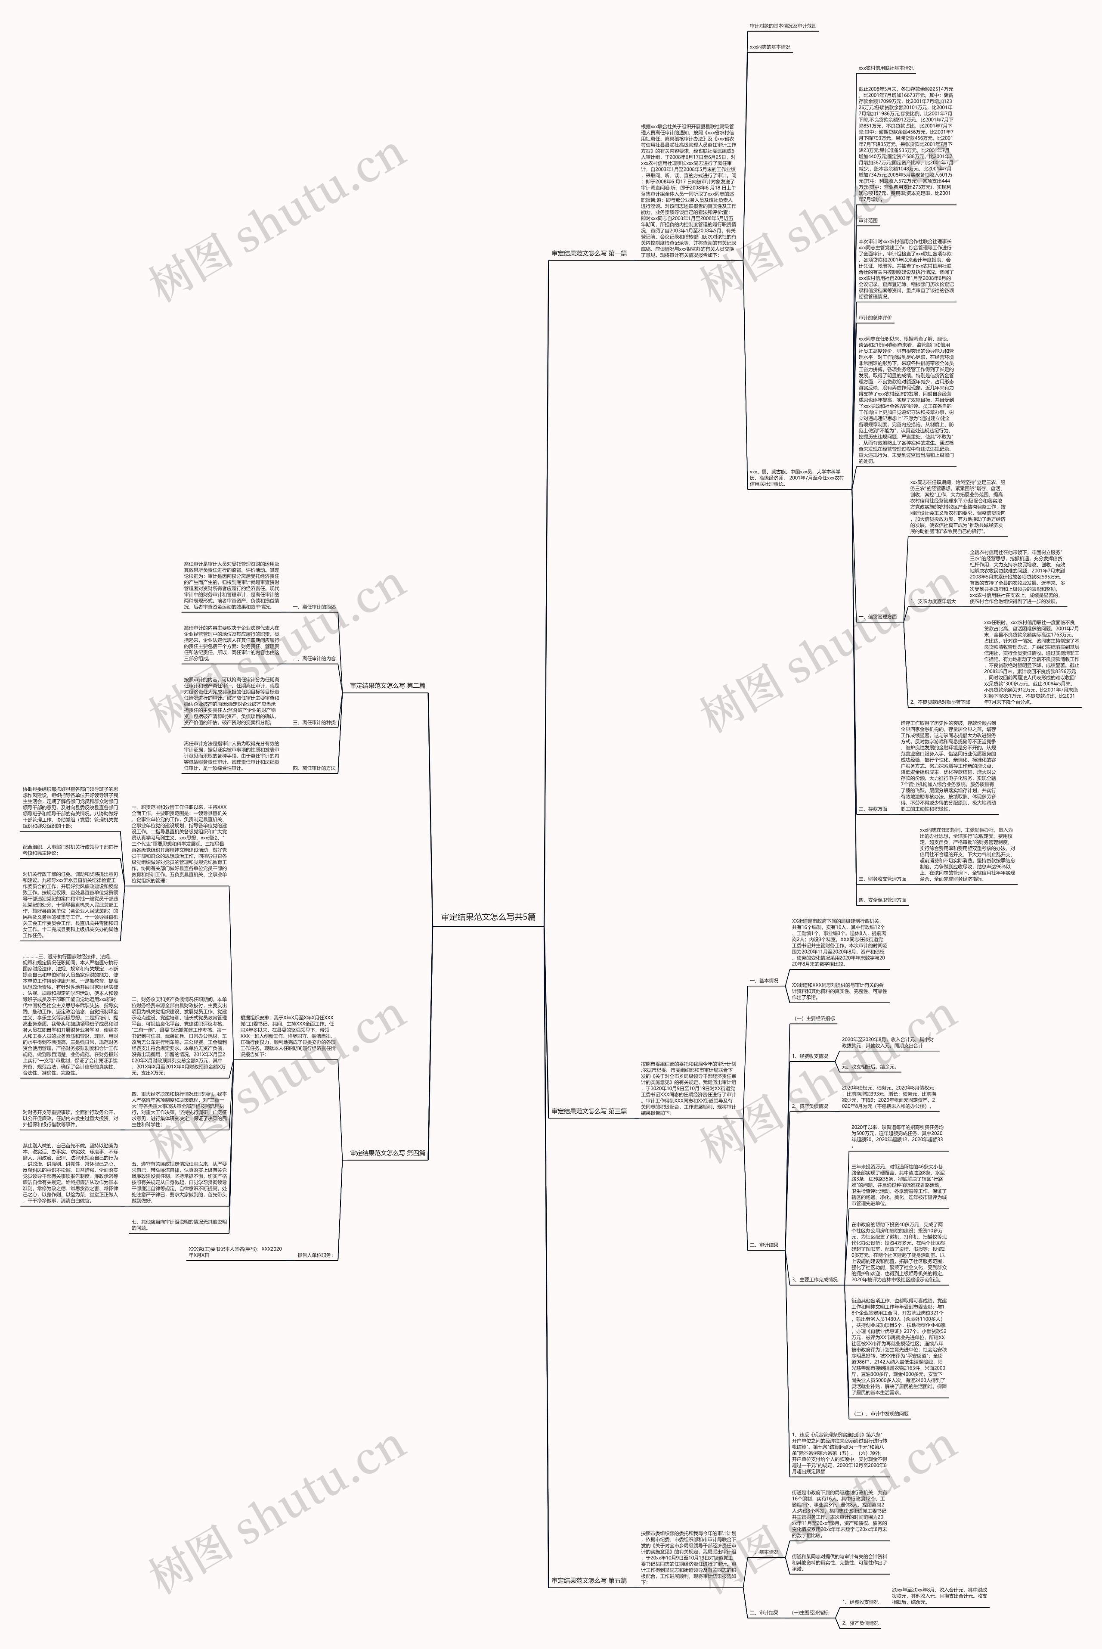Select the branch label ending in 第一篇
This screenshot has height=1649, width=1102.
tap(589, 253)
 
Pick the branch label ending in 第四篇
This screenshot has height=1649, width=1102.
tap(387, 1153)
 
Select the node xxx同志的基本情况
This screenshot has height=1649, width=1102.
tap(770, 47)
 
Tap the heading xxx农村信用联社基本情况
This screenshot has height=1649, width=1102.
tap(885, 68)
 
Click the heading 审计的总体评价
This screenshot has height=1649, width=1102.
tap(875, 318)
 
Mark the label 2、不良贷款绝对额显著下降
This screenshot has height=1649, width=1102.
tap(939, 702)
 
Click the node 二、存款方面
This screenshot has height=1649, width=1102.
tap(872, 809)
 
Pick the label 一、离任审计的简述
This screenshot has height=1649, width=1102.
tap(313, 607)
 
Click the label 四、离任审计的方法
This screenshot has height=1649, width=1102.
tap(313, 768)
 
